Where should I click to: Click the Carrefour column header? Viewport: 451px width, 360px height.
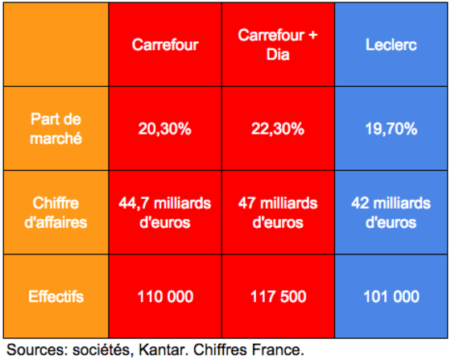[x=165, y=45]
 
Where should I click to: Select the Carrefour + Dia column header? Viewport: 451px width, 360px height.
[x=278, y=45]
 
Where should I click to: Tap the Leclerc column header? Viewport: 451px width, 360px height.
[x=391, y=45]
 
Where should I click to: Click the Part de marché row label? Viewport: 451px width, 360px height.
[x=56, y=129]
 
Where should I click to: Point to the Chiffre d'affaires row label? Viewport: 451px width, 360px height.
[x=56, y=213]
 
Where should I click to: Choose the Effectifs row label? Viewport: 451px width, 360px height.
[x=56, y=296]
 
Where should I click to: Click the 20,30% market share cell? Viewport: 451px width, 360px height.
[x=165, y=129]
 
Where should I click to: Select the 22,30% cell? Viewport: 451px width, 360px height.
[x=278, y=129]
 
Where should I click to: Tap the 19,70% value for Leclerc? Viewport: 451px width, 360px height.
[x=391, y=129]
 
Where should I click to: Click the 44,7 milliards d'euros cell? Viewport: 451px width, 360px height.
[x=165, y=213]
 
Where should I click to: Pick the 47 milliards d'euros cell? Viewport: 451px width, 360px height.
[x=278, y=213]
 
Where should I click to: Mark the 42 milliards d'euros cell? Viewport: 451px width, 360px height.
[x=391, y=213]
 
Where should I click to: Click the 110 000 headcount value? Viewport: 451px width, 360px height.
[x=165, y=296]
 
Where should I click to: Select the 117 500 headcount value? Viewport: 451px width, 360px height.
[x=278, y=296]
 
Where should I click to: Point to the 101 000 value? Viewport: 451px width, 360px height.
[x=391, y=296]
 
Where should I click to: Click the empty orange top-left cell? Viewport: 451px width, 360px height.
[x=56, y=44]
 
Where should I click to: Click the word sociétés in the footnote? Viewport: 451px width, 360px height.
[x=103, y=350]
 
